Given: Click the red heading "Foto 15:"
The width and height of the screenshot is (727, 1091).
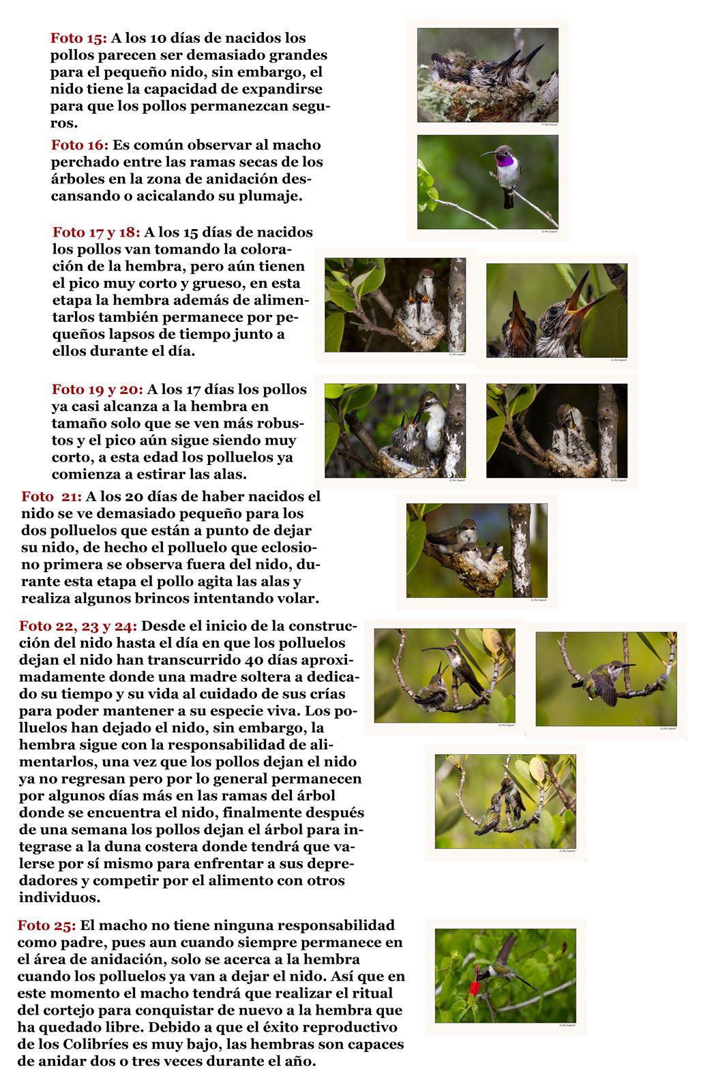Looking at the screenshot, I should pyautogui.click(x=78, y=38).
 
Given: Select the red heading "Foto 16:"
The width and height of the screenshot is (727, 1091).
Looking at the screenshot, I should pyautogui.click(x=80, y=145).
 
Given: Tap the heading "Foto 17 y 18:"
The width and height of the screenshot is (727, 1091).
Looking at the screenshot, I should pyautogui.click(x=97, y=233).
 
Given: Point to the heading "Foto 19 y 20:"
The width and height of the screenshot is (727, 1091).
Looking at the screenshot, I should pyautogui.click(x=98, y=389).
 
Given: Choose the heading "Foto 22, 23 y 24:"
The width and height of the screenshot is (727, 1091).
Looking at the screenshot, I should pyautogui.click(x=78, y=626).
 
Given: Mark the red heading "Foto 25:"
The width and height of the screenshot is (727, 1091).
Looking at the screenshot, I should pyautogui.click(x=47, y=925).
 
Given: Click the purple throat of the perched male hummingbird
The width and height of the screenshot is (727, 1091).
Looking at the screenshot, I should pyautogui.click(x=505, y=162).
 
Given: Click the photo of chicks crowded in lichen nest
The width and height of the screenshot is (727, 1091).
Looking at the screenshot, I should pyautogui.click(x=488, y=75).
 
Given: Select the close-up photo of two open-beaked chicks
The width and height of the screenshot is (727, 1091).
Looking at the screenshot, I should pyautogui.click(x=557, y=310).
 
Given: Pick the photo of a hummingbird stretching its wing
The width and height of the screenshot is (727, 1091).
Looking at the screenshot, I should pyautogui.click(x=606, y=678).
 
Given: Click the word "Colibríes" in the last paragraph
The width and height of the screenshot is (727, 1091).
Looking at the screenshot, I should pyautogui.click(x=95, y=1045).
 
